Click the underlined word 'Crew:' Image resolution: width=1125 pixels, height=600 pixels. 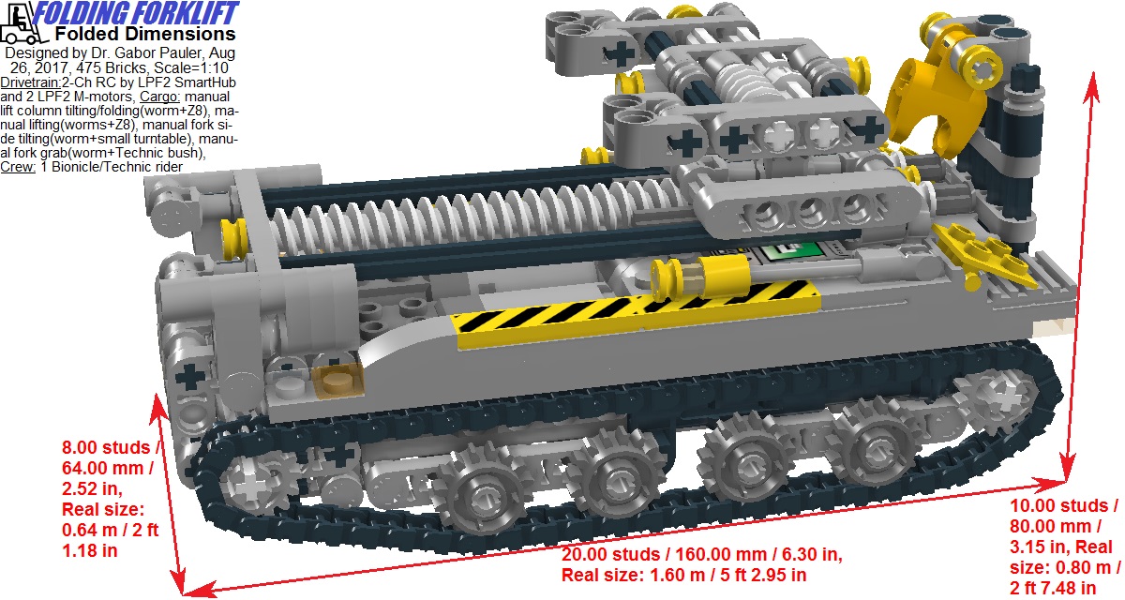click(x=19, y=167)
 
